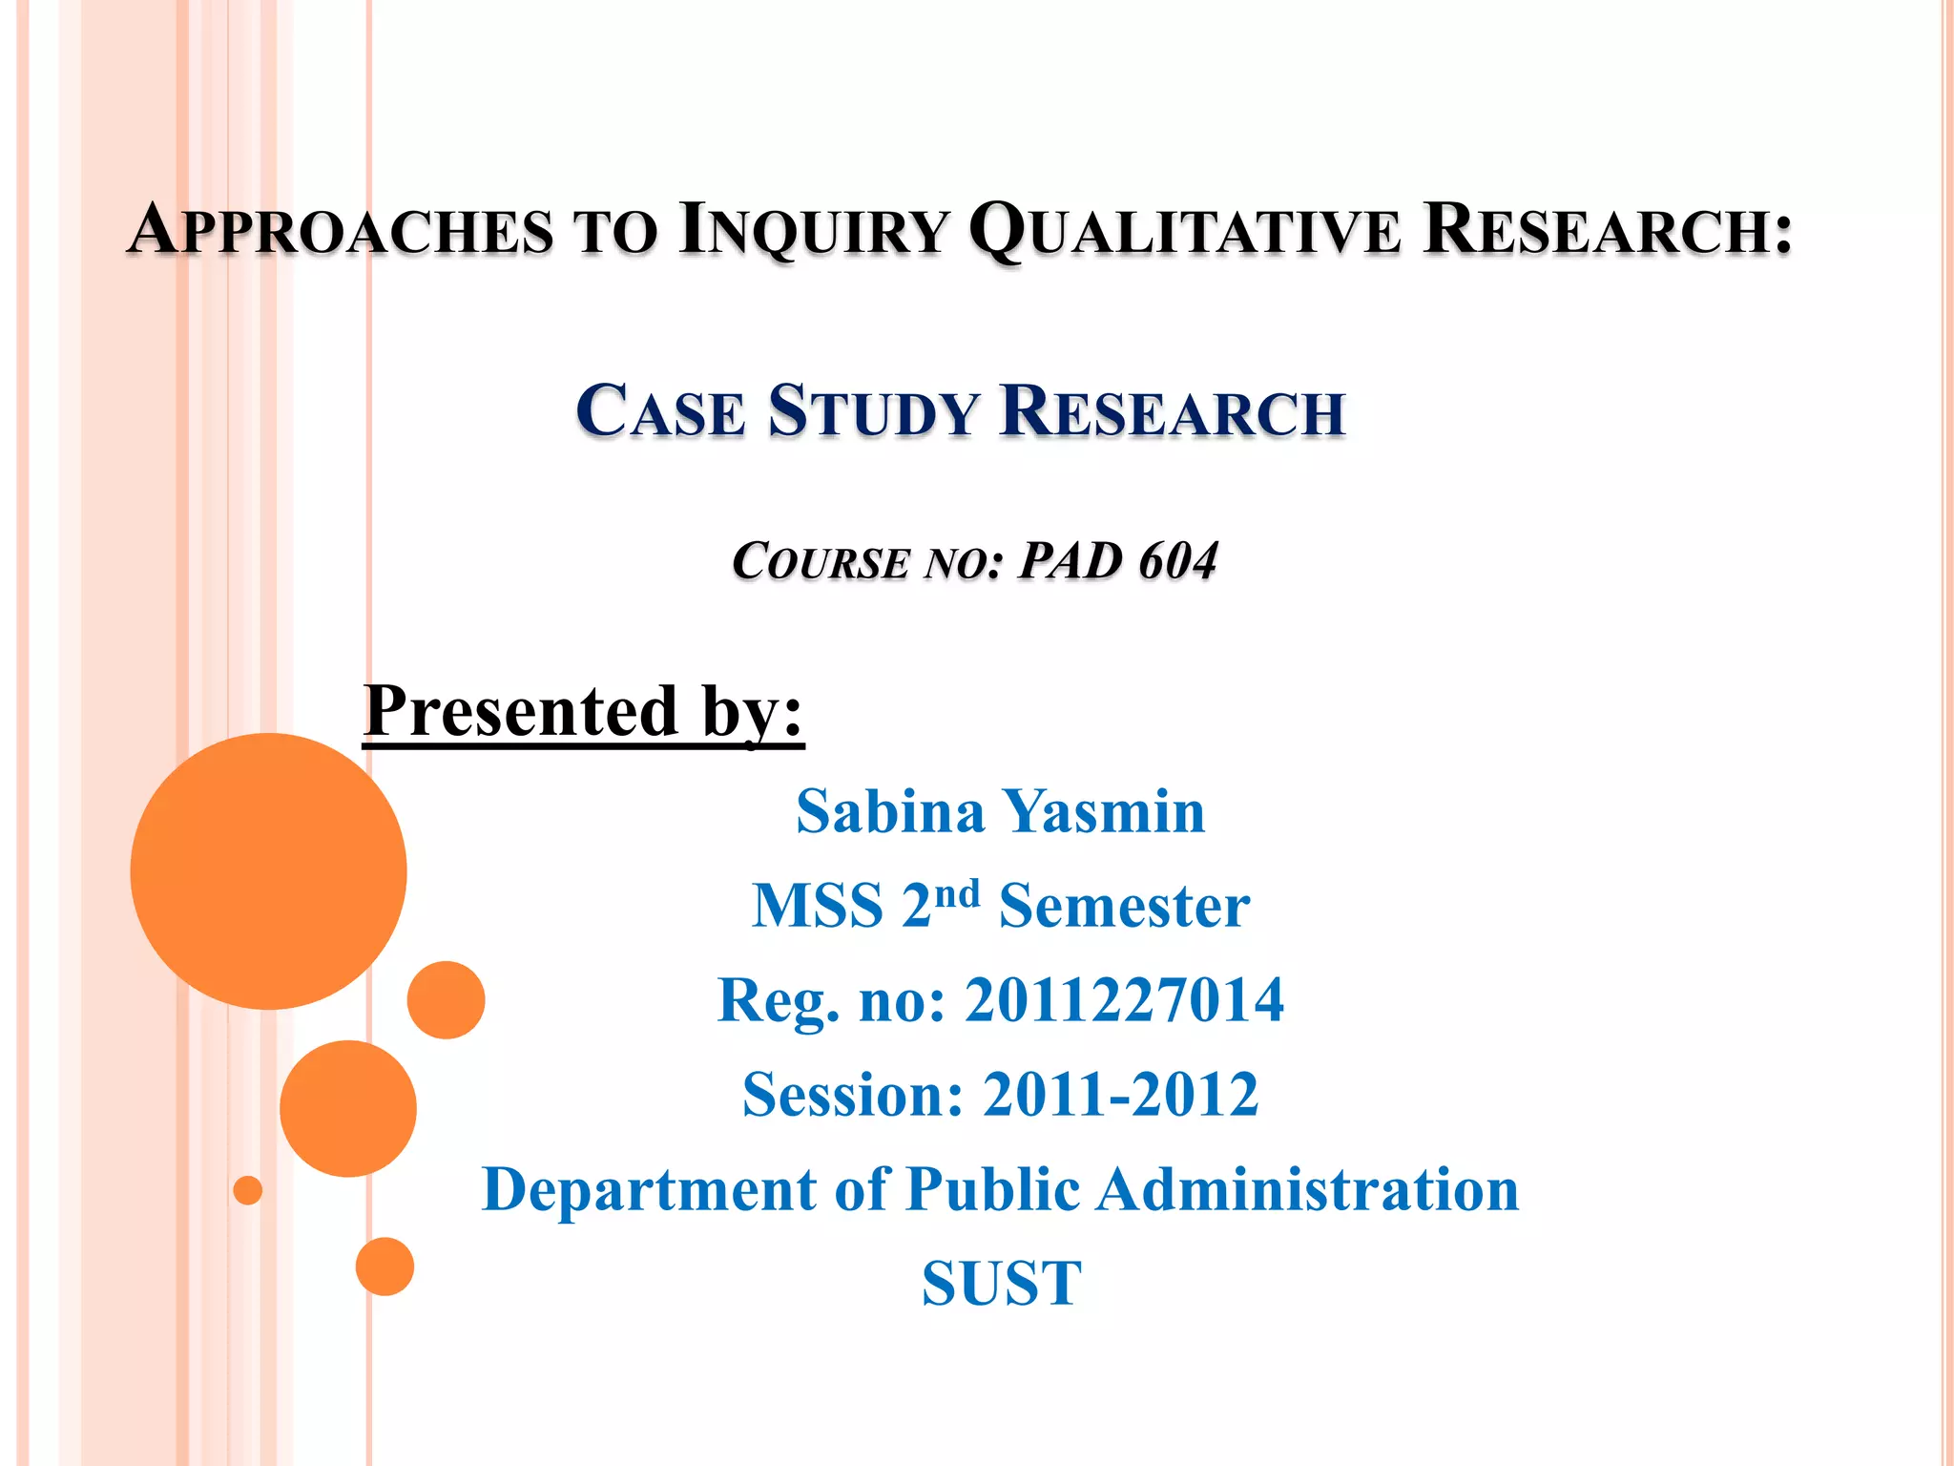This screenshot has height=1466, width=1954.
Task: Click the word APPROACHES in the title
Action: (x=341, y=230)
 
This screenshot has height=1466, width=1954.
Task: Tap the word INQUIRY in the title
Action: (x=814, y=230)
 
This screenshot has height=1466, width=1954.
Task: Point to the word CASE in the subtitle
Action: (x=660, y=411)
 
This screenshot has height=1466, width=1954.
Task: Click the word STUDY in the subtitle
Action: (x=873, y=411)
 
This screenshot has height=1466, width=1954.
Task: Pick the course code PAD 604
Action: (x=1118, y=560)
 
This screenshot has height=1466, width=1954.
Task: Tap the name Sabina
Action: (x=889, y=812)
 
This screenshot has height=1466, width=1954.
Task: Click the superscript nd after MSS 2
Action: (x=957, y=894)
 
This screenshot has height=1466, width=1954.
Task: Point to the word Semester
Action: (x=1124, y=906)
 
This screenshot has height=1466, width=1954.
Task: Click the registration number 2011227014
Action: (x=1124, y=1000)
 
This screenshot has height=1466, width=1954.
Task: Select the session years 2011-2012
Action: (x=1120, y=1095)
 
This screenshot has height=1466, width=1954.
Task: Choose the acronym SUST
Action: (x=1001, y=1284)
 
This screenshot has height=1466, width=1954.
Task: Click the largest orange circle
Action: (x=268, y=870)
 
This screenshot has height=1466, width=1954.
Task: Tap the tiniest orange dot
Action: (x=248, y=1190)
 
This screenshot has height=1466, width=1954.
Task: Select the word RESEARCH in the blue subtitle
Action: (x=1173, y=411)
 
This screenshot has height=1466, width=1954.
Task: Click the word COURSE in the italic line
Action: (x=820, y=560)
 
